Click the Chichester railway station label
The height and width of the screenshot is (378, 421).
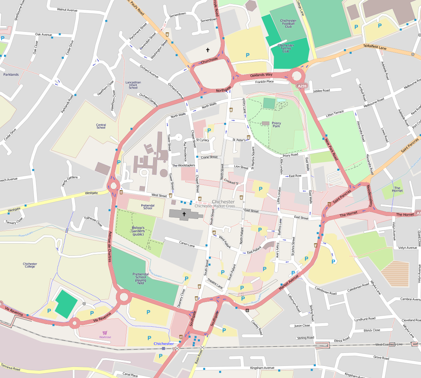pos(163,344)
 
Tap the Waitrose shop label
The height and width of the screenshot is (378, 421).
pos(105,337)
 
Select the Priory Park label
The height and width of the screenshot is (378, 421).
pos(276,125)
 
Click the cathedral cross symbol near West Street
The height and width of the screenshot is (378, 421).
pos(184,214)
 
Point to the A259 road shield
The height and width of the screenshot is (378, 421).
pos(302,86)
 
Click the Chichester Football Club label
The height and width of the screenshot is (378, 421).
pos(288,24)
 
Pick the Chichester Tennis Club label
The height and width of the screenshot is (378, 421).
pos(286,48)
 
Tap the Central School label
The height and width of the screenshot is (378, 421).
pos(101,126)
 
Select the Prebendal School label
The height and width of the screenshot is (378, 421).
pos(147,207)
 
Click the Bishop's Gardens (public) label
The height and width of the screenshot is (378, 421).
pos(138,231)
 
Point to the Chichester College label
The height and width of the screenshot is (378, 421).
pos(30,265)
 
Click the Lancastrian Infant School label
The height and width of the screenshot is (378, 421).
pos(133,85)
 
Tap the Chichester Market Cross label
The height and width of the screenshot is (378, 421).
pos(215,206)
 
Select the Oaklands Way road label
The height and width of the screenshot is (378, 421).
pos(261,75)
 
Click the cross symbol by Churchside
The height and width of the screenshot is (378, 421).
pos(207,50)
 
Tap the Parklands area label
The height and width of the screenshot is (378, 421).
pos(11,75)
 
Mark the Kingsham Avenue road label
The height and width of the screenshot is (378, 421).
pos(262,368)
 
